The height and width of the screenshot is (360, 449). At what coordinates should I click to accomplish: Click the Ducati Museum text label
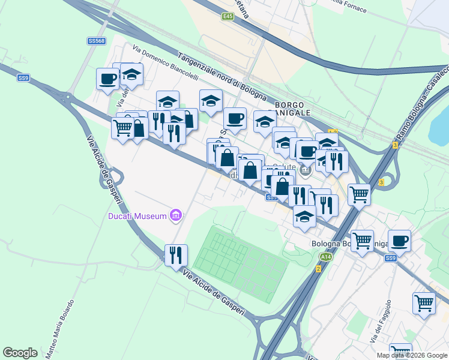click(137, 216)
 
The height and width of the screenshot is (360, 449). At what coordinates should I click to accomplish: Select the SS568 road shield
click(96, 41)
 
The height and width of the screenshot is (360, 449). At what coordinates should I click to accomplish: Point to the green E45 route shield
click(227, 17)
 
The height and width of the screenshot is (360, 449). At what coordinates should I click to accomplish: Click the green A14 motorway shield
click(325, 257)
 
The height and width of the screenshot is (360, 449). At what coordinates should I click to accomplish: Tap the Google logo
click(20, 353)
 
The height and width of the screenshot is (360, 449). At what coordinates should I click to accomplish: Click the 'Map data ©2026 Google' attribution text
click(412, 355)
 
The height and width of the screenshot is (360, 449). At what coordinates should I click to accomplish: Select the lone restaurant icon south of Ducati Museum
click(175, 254)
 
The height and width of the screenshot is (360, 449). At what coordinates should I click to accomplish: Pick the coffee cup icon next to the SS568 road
click(108, 79)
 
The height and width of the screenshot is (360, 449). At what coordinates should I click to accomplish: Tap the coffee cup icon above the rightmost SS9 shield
click(399, 241)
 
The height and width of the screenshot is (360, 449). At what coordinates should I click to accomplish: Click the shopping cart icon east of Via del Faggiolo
click(424, 302)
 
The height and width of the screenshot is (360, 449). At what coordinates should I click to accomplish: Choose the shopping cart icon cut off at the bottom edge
click(400, 352)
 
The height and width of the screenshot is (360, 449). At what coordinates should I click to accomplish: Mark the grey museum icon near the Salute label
click(305, 171)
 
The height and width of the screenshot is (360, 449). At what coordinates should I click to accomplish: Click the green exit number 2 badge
click(318, 268)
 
